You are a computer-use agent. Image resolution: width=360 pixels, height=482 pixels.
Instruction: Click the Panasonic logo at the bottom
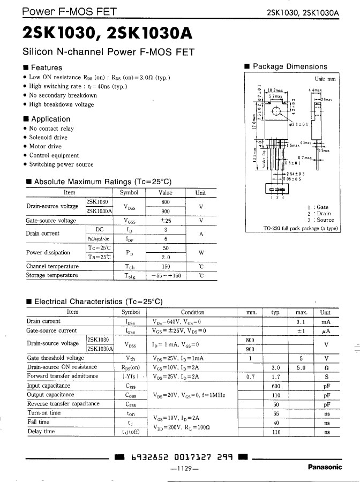325,467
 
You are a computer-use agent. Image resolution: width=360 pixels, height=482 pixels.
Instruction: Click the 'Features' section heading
46,67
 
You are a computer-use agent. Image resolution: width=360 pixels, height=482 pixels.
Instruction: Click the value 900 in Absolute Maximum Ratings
166,211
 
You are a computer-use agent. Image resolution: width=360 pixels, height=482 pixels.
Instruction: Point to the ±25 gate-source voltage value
166,221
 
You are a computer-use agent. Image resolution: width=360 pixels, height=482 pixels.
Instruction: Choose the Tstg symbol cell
129,276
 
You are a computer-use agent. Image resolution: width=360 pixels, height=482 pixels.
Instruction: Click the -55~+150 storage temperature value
166,276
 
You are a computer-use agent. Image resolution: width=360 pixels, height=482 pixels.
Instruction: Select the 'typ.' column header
276,312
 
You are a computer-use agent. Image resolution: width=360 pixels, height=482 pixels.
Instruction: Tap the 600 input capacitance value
276,386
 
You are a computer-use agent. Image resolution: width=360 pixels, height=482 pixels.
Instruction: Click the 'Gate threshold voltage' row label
55,358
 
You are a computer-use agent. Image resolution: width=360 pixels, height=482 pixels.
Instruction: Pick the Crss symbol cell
131,404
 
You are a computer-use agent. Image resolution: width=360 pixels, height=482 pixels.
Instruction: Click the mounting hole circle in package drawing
277,111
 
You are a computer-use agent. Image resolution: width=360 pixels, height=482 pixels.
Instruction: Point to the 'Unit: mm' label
325,79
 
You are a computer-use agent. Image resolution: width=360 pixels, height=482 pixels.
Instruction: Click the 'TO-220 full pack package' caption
301,228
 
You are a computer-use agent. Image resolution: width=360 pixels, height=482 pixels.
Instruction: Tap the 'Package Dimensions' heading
289,66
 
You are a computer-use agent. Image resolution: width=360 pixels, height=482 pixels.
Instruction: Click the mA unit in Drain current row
325,321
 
